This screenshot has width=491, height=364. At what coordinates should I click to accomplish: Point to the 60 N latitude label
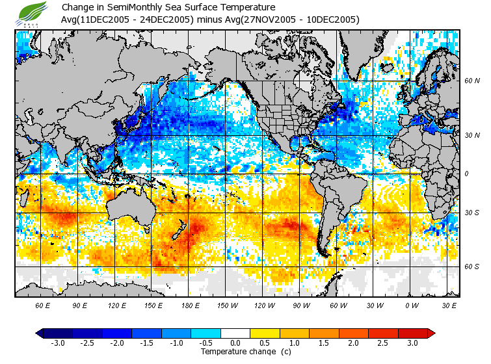tap(471, 81)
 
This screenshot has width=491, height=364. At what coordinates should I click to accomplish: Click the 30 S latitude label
tap(471, 213)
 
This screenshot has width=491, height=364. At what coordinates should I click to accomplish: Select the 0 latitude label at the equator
tap(466, 174)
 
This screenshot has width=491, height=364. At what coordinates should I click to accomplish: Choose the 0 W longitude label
tap(411, 305)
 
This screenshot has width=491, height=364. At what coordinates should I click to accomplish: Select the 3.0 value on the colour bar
tap(412, 343)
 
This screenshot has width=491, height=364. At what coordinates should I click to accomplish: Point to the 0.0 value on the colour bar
tap(235, 343)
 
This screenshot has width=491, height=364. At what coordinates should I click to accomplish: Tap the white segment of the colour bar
tap(235, 333)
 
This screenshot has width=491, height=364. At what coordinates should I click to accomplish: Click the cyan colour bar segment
tap(206, 333)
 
